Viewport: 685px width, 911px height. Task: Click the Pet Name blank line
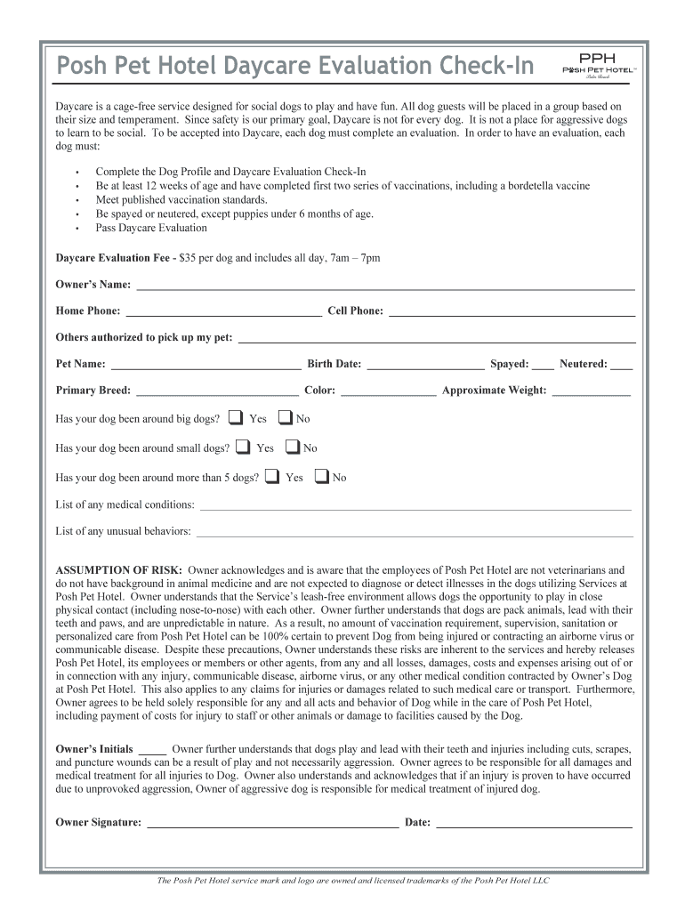pyautogui.click(x=205, y=365)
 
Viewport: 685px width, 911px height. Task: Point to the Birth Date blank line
pyautogui.click(x=425, y=365)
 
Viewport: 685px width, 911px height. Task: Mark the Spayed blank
pyautogui.click(x=543, y=365)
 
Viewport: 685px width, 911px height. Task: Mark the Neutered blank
pyautogui.click(x=622, y=365)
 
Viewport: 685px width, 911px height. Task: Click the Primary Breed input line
pyautogui.click(x=217, y=391)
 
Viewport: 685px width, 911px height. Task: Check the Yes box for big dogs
pyautogui.click(x=236, y=417)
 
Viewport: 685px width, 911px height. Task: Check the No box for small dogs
pyautogui.click(x=291, y=447)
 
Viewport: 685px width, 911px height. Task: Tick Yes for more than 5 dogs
pyautogui.click(x=272, y=476)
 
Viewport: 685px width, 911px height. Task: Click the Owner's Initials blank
pyautogui.click(x=152, y=750)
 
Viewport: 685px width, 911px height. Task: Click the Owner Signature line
pyautogui.click(x=272, y=824)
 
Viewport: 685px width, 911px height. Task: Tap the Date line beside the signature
pyautogui.click(x=534, y=824)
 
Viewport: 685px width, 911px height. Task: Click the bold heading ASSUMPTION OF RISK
pyautogui.click(x=119, y=569)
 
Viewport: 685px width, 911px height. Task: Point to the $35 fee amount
pyautogui.click(x=188, y=258)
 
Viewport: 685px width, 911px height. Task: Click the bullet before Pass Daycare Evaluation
pyautogui.click(x=78, y=229)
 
